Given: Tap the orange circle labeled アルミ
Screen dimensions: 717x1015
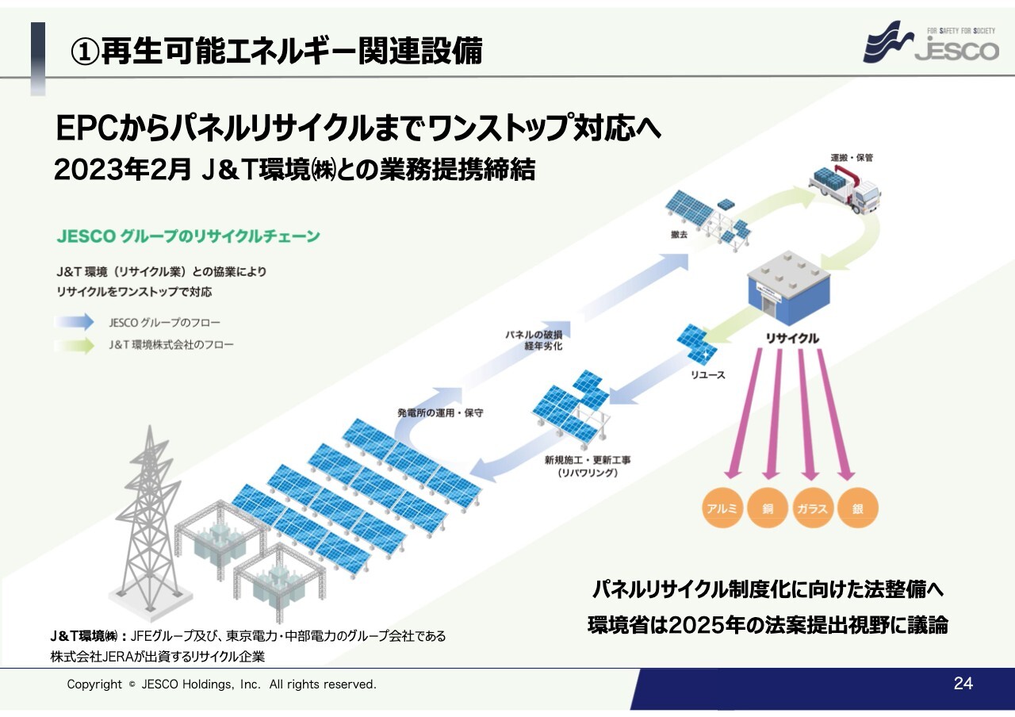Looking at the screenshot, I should click(x=722, y=508).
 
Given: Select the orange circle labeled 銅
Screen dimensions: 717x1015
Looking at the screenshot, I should click(x=768, y=508).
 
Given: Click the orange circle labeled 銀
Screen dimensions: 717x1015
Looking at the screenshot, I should click(x=858, y=508).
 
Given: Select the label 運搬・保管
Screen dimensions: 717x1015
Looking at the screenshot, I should click(x=852, y=158).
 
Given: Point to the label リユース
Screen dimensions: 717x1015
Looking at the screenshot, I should click(x=708, y=375).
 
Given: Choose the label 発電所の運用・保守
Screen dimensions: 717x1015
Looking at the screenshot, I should click(x=440, y=413).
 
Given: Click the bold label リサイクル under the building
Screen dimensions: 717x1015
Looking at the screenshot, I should click(x=792, y=339).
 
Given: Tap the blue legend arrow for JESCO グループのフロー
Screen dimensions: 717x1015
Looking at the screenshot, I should click(x=75, y=322).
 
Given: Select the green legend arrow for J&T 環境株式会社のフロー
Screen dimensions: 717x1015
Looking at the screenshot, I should click(x=75, y=345).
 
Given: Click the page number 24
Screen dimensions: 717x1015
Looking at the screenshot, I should click(x=963, y=684).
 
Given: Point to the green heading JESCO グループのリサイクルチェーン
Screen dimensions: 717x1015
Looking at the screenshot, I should click(x=189, y=236).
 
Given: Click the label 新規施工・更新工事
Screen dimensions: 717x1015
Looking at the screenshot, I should click(x=588, y=460).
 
